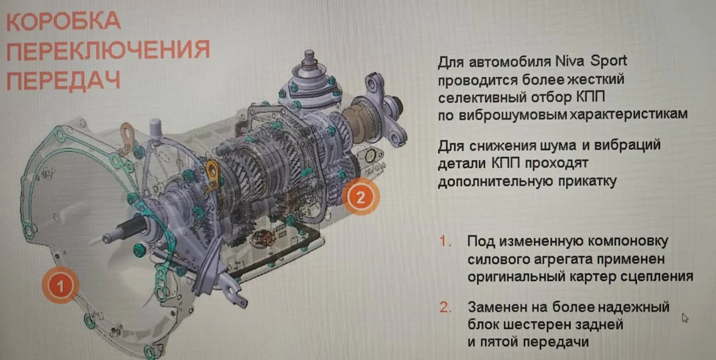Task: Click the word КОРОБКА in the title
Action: point(63,21)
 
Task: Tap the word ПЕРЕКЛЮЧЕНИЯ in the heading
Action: point(108,50)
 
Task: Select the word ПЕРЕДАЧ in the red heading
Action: point(63,80)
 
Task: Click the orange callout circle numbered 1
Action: point(60,285)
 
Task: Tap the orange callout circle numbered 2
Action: point(361,197)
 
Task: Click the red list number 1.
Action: point(445,241)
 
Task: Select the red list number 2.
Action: point(445,307)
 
